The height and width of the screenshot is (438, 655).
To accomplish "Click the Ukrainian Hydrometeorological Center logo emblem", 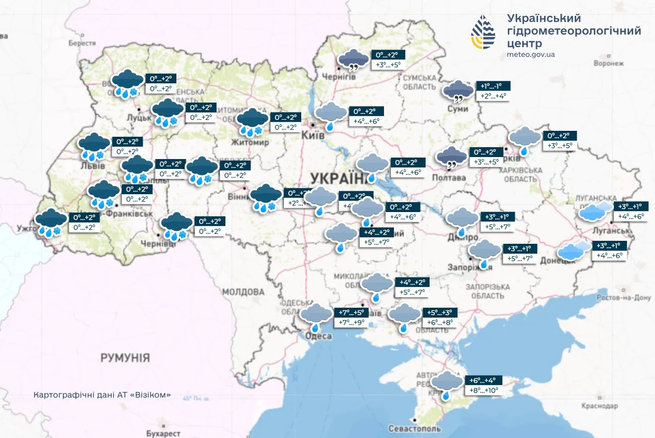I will tap(483, 32).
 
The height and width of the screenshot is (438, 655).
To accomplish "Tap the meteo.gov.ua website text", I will tap(531, 55).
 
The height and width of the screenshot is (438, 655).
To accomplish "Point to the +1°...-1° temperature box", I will tap(493, 86).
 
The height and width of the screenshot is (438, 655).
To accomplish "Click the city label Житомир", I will tap(250, 143).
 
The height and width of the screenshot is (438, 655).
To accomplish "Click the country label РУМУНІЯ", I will tap(125, 357).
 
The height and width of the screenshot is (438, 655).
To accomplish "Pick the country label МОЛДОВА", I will tap(243, 291).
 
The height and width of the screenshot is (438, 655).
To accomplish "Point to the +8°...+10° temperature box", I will tap(484, 390).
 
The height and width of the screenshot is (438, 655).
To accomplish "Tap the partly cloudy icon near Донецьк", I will tap(574, 251).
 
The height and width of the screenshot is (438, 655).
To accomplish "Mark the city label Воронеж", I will tap(608, 63).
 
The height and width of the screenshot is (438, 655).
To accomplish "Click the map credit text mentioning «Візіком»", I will tap(103, 395).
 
